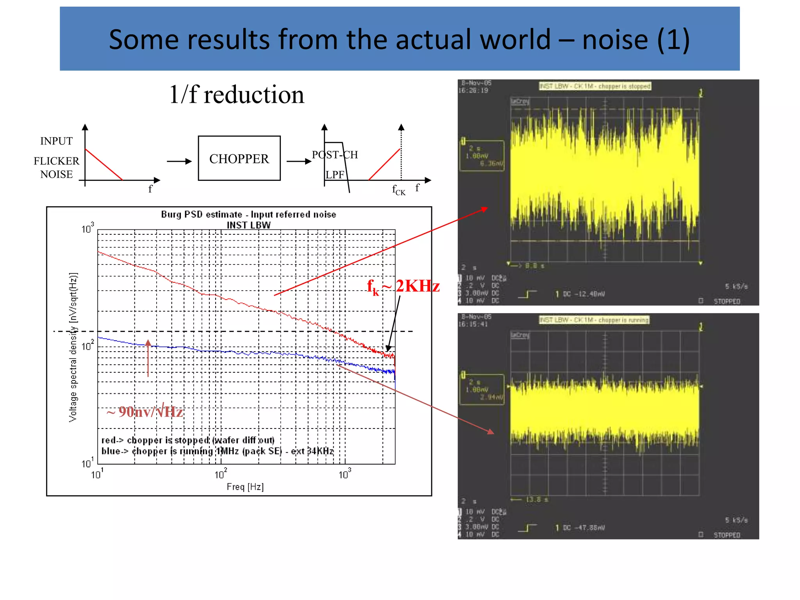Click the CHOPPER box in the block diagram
239,158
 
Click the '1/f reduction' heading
236,95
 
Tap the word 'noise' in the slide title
615,39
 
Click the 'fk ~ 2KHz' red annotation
403,286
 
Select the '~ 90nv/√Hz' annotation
145,412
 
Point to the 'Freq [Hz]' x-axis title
245,487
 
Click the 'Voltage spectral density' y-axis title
73,347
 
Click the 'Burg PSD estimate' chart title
248,214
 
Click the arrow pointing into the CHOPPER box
179,161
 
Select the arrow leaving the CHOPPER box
299,161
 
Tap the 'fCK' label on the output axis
398,190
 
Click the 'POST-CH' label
335,155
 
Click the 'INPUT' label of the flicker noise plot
56,141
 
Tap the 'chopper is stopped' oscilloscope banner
595,86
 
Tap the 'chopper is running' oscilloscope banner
594,320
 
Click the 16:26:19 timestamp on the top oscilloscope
473,91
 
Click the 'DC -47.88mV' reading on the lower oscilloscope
584,528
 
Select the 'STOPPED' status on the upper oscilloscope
727,301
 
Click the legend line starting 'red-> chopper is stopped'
188,440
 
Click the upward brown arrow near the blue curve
148,357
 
